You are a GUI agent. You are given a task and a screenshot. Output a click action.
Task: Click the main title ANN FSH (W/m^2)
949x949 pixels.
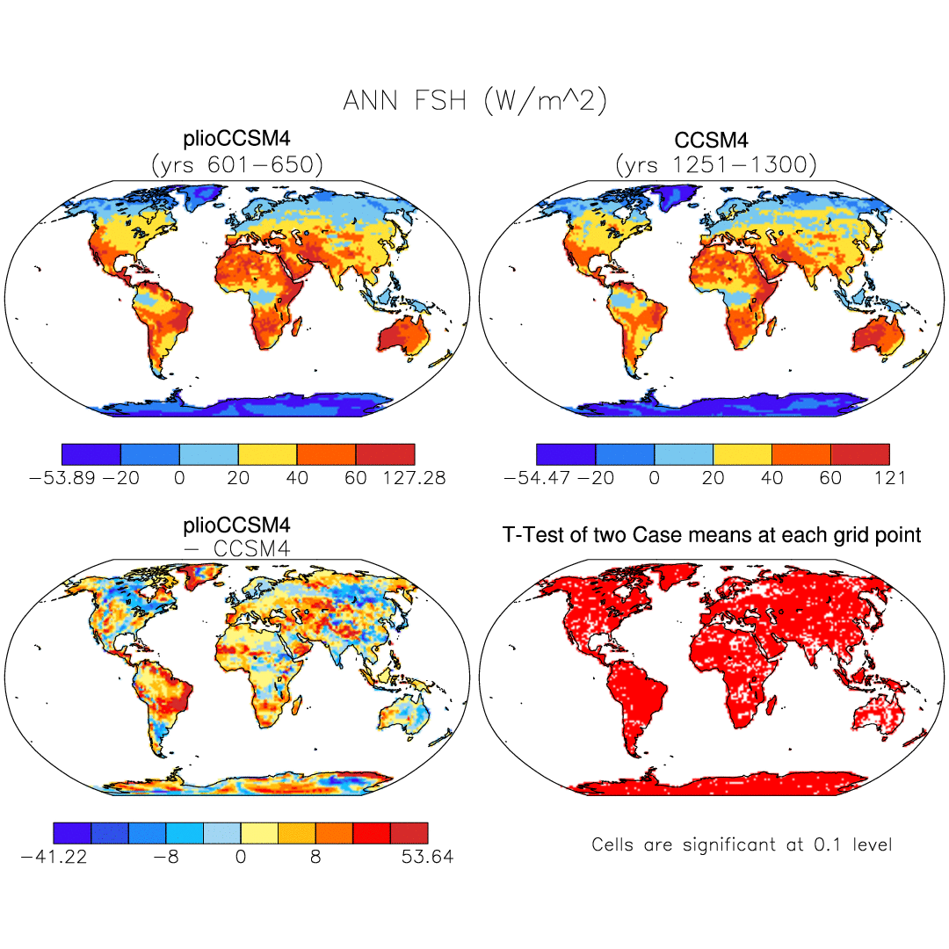coord(474,101)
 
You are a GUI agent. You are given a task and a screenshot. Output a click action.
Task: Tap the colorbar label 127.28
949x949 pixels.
coord(414,478)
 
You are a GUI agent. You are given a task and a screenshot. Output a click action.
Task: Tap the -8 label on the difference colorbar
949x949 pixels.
coord(165,856)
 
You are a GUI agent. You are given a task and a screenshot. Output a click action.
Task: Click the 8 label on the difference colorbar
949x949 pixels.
coord(315,856)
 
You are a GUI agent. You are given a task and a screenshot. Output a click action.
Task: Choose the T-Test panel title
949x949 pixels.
coord(712,534)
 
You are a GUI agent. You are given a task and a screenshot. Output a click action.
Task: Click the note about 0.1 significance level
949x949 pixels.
coord(742,845)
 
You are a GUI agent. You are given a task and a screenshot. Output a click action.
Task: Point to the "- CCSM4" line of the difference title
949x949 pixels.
coord(237,548)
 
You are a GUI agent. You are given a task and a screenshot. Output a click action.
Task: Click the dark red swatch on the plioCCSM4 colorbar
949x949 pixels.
coord(385,454)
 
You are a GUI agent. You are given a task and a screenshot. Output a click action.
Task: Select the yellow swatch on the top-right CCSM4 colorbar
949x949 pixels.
coord(743,454)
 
